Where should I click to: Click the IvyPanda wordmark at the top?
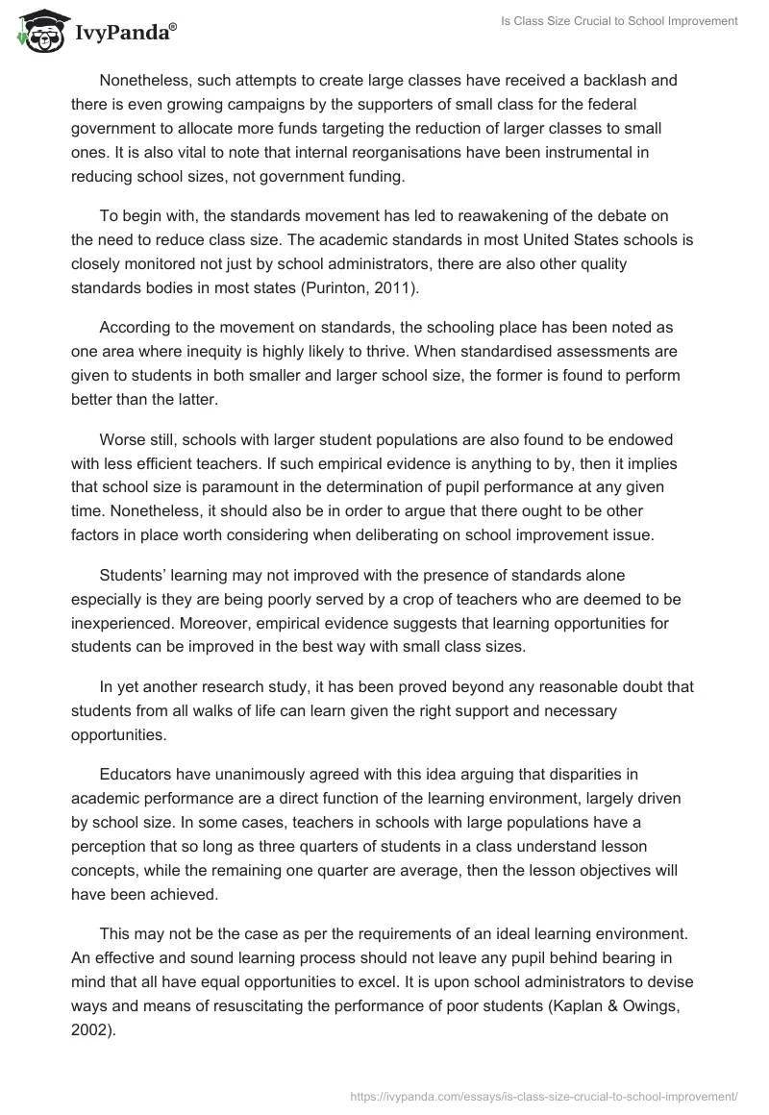(x=124, y=33)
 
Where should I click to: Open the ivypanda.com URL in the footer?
(x=545, y=1094)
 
